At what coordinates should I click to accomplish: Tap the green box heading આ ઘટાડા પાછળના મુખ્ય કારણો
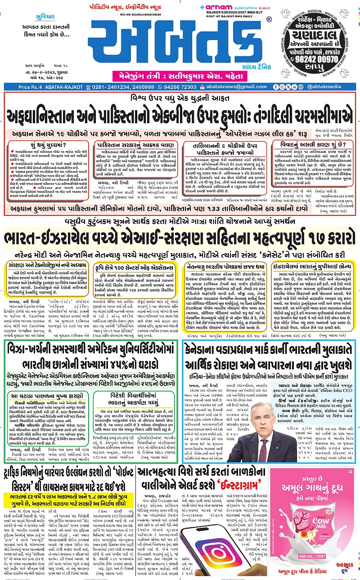point(46,395)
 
